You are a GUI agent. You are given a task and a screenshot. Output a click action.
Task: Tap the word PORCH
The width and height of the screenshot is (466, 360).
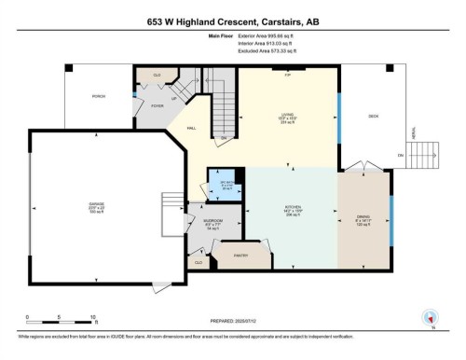tap(98, 96)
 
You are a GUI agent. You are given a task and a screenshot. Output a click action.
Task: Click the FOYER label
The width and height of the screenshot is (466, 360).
tap(157, 106)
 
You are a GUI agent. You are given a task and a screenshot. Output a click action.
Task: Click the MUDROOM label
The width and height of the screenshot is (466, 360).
tap(212, 222)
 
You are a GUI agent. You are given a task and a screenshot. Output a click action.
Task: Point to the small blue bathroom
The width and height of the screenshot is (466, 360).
tap(223, 182)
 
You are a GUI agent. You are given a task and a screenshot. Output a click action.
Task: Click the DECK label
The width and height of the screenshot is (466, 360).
tap(373, 117)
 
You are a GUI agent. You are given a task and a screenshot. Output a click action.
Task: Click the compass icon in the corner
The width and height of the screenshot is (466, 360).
tap(430, 316)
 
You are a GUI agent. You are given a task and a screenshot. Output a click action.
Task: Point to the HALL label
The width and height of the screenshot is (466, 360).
tap(191, 128)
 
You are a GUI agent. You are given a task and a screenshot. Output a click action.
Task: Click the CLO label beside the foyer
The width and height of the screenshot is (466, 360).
tap(157, 75)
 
